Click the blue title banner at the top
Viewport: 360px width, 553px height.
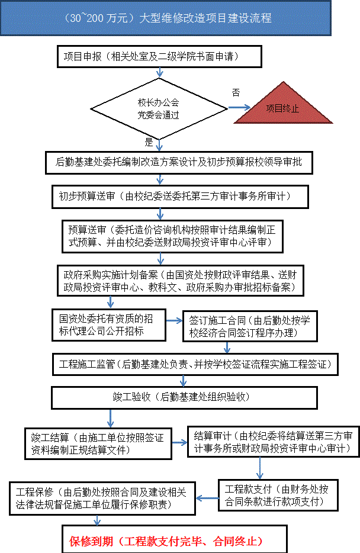tap(165, 18)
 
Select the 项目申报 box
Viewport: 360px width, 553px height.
tap(159, 56)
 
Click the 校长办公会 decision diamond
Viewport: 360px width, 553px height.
tap(159, 108)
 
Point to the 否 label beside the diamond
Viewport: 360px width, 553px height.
tap(236, 92)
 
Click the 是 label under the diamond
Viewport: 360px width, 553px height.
tap(149, 142)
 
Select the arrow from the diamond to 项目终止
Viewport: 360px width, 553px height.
tap(239, 108)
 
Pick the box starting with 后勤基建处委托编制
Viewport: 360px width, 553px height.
tap(179, 163)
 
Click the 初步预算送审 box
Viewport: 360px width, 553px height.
tap(180, 197)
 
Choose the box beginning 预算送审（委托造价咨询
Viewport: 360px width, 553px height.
tap(172, 236)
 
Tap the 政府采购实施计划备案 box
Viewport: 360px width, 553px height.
tap(181, 281)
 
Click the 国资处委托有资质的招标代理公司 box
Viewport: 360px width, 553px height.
tap(109, 325)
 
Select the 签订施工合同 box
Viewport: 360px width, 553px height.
tap(250, 326)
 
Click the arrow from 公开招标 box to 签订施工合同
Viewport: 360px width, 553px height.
tap(174, 320)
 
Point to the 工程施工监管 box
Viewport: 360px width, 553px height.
tap(195, 364)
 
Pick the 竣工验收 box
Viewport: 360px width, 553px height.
tap(184, 398)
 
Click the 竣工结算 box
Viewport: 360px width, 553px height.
tap(98, 443)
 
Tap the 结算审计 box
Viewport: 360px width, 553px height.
tap(274, 442)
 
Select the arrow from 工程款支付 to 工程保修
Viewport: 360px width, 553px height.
tap(207, 499)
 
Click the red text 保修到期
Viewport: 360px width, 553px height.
tap(91, 541)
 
